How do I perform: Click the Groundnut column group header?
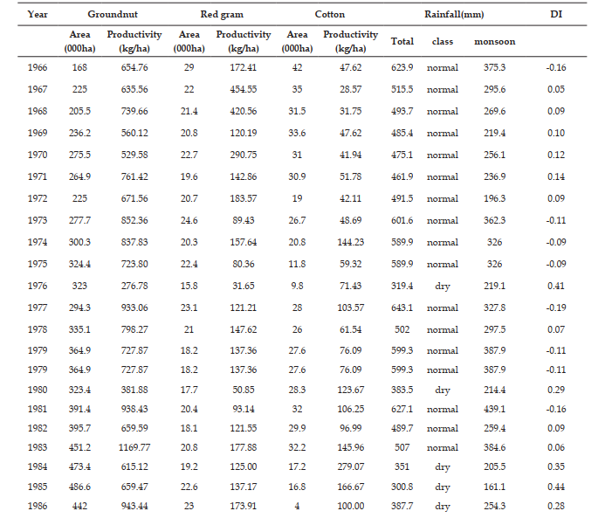(113, 15)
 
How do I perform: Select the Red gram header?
(222, 15)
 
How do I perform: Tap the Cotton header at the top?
(330, 15)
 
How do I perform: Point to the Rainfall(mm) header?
(454, 15)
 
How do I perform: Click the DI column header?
(556, 15)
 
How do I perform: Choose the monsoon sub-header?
(494, 41)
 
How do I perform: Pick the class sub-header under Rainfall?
(443, 41)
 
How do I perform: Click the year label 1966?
(38, 67)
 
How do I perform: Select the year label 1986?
(38, 506)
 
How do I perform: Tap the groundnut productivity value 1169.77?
(134, 447)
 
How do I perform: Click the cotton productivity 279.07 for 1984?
(350, 466)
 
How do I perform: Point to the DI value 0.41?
(556, 286)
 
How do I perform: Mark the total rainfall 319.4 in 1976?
(402, 286)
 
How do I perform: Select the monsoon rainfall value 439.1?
(494, 409)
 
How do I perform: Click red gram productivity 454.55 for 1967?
(244, 89)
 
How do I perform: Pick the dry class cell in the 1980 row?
(443, 390)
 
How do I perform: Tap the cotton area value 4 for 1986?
(297, 506)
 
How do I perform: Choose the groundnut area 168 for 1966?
(79, 67)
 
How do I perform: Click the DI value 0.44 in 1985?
(556, 487)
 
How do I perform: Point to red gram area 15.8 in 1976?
(189, 286)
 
